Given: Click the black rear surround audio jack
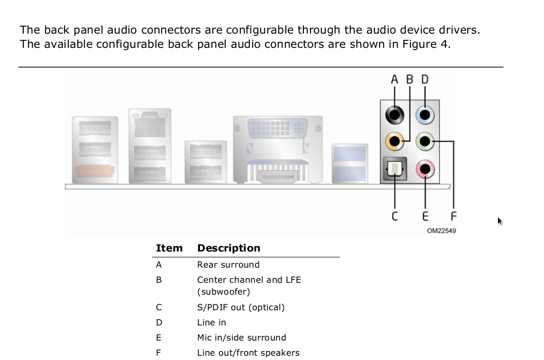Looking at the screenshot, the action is click(394, 115).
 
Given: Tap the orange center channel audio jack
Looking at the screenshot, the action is click(394, 142).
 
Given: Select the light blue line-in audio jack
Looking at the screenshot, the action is click(425, 115).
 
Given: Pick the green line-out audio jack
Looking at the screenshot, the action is click(425, 142).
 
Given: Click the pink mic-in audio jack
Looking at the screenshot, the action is click(425, 169).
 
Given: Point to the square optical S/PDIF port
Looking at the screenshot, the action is click(394, 169).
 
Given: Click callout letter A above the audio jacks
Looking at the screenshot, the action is click(394, 80).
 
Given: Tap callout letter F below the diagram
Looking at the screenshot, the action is click(453, 216).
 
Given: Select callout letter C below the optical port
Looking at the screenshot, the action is click(395, 216).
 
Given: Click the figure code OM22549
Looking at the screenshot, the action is click(441, 231).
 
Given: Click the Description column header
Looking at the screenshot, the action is click(228, 248).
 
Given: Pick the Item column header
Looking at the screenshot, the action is click(169, 248).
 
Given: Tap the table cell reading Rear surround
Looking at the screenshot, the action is click(228, 265).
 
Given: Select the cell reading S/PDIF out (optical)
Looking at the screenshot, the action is click(241, 307).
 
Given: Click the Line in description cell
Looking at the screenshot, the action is click(211, 323).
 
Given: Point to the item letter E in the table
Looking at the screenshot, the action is click(159, 337).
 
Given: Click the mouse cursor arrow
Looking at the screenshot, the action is click(500, 221).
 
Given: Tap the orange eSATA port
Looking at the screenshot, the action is click(95, 171).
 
